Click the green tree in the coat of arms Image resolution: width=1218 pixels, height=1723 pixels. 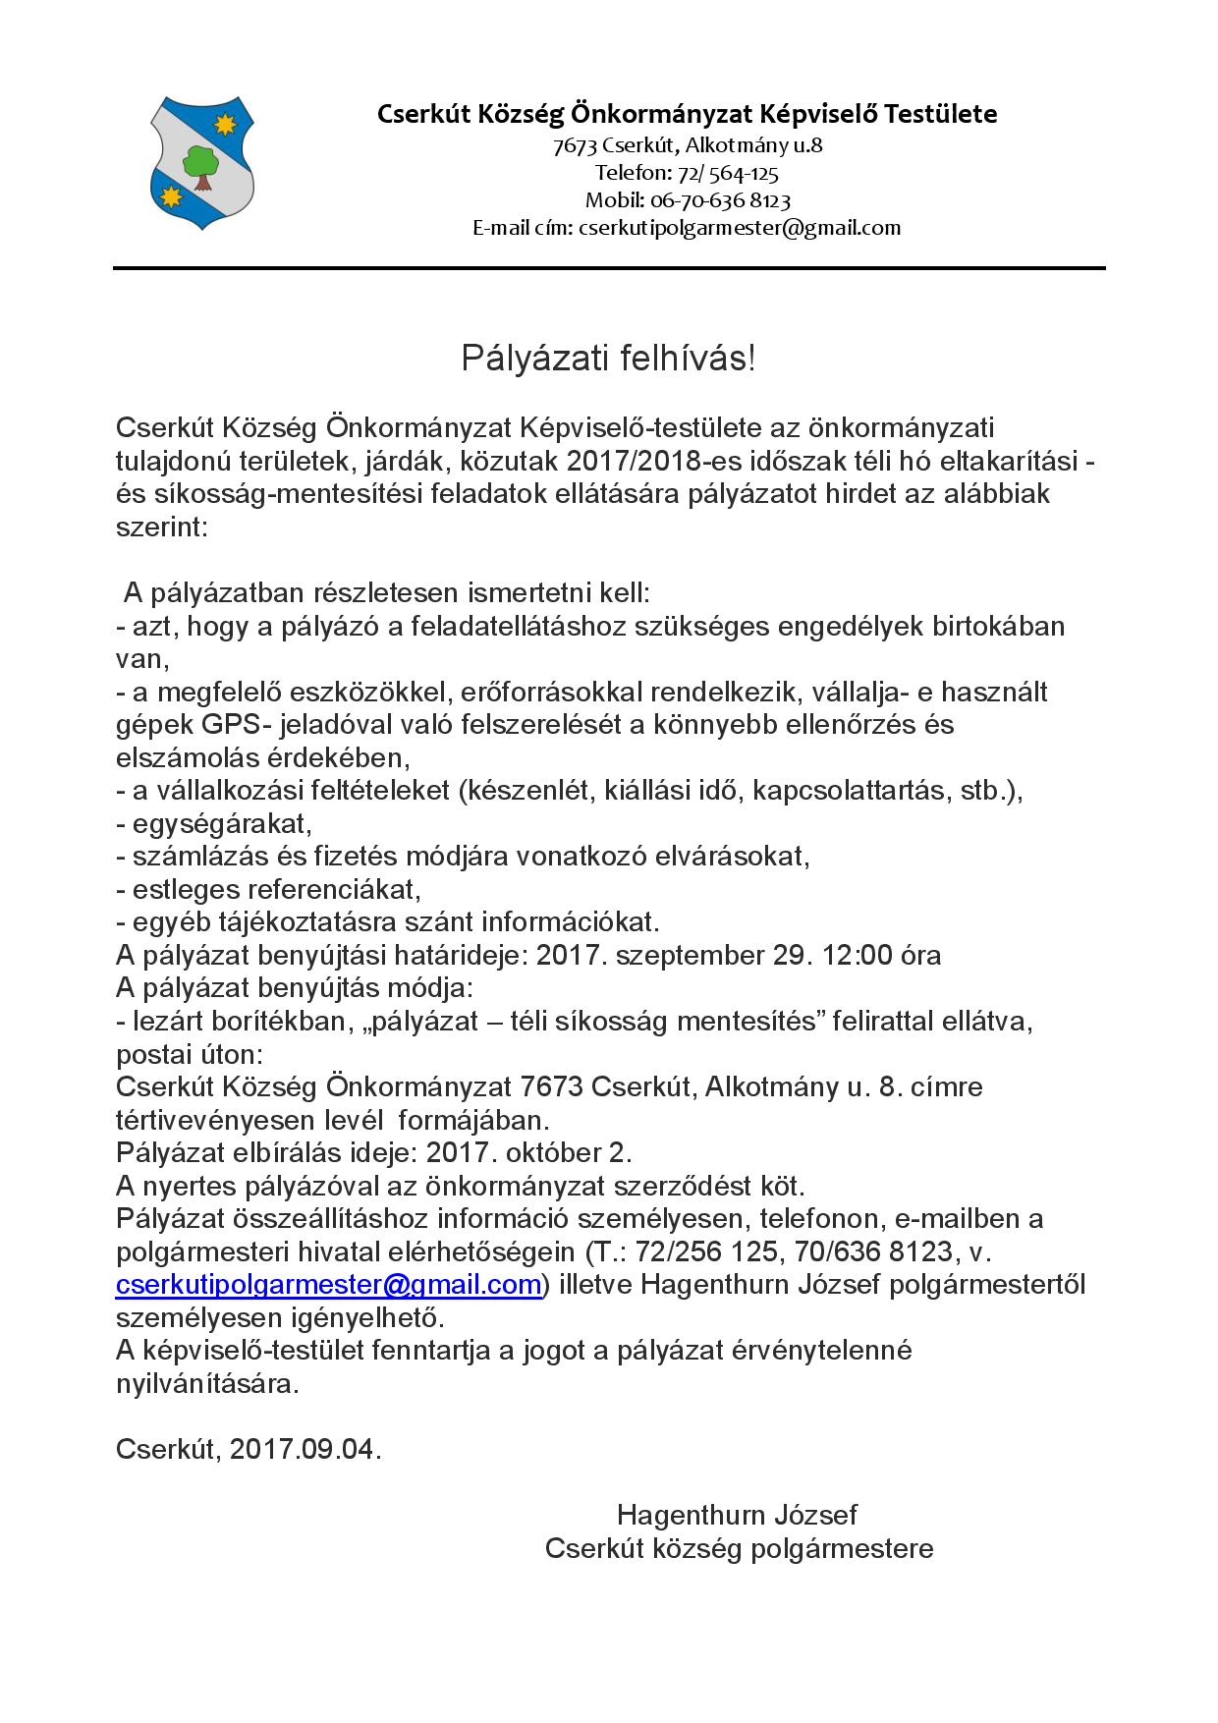[x=201, y=165]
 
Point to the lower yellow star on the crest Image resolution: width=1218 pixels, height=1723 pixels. [x=173, y=196]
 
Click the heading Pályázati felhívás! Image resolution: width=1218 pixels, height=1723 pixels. [x=609, y=359]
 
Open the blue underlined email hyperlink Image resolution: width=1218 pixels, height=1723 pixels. [x=329, y=1285]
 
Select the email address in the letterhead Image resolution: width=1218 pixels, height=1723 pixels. [x=739, y=228]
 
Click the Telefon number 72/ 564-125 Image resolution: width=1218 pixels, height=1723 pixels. [x=727, y=174]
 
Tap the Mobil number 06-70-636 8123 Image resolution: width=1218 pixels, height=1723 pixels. [x=720, y=200]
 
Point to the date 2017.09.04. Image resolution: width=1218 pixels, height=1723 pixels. [x=304, y=1450]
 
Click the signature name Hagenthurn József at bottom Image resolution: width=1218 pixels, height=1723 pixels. [x=737, y=1515]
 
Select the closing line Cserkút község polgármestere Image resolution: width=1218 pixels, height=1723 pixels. [x=739, y=1549]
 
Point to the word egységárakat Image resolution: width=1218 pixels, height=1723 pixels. [x=220, y=823]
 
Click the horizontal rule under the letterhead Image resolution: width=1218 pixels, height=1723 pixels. [x=609, y=267]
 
